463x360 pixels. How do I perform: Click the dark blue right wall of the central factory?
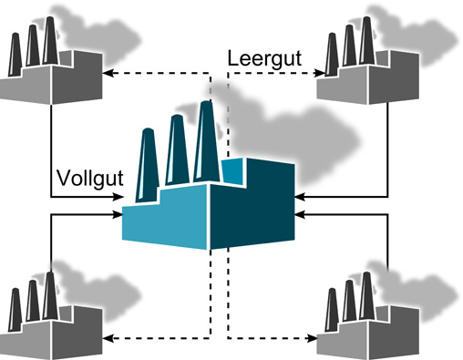253,210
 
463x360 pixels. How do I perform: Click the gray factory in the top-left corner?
46,73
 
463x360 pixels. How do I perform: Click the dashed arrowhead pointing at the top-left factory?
105,72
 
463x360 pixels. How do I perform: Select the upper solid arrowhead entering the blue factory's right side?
300,195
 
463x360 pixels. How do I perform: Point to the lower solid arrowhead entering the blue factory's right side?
300,215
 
